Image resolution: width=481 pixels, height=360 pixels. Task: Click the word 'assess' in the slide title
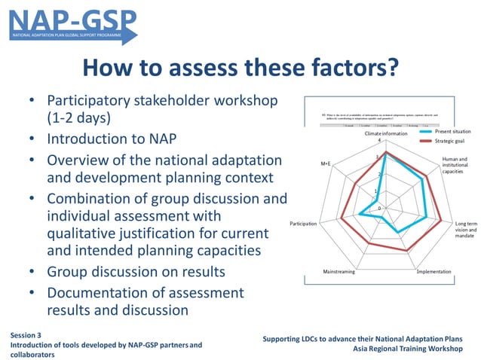tap(225, 69)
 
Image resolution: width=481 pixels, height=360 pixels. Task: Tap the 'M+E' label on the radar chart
tap(326, 163)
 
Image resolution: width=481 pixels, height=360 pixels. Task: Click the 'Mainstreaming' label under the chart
tap(339, 271)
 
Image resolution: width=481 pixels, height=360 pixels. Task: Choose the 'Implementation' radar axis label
tap(434, 271)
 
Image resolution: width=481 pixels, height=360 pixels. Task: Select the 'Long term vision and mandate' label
tap(465, 230)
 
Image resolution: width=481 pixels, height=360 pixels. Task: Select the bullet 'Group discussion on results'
tap(136, 271)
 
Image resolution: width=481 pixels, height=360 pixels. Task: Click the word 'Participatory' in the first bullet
tap(91, 100)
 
